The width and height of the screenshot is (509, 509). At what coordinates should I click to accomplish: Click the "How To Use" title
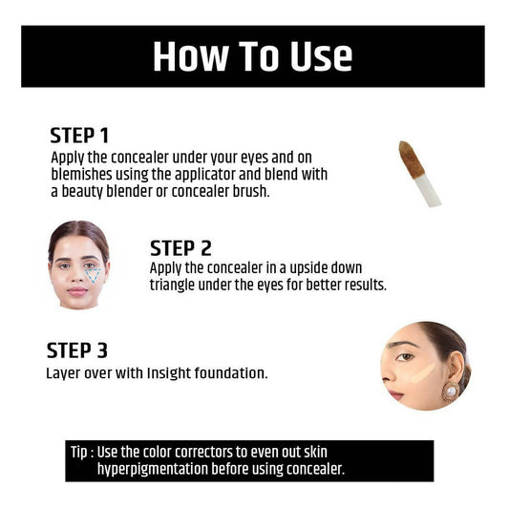[252, 56]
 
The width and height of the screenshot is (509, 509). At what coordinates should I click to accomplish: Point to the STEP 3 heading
[83, 350]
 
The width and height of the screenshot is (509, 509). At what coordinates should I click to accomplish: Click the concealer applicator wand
[418, 173]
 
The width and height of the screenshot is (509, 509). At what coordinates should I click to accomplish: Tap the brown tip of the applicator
[412, 156]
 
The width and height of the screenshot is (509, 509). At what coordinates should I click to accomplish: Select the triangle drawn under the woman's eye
[94, 274]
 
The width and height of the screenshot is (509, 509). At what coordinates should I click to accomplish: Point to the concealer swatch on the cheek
[421, 374]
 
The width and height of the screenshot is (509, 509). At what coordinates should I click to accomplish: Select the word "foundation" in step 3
[235, 372]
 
